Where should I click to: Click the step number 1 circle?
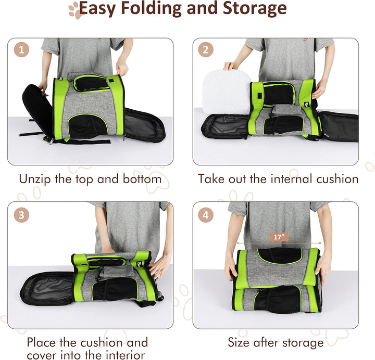pos(21,50)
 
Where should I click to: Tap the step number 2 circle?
pos(206,50)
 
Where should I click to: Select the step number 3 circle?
pos(21,215)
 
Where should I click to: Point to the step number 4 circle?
pos(206,215)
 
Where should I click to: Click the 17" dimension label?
pos(279,237)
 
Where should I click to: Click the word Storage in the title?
pos(255,9)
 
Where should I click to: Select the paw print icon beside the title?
pos(76,10)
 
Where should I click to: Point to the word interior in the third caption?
pos(126,354)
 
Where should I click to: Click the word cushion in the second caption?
pos(337,178)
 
